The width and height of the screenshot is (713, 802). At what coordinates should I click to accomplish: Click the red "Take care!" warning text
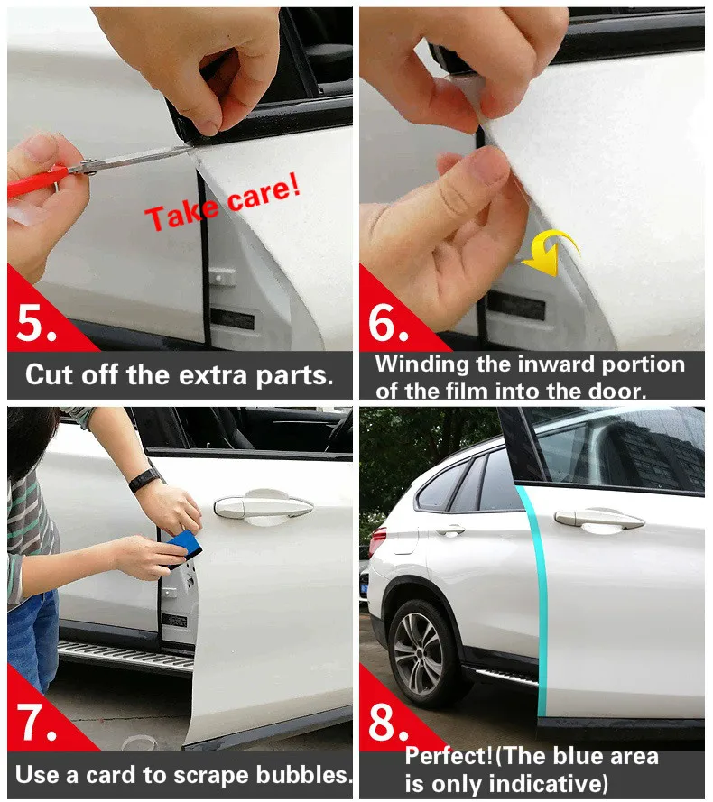[x=223, y=201]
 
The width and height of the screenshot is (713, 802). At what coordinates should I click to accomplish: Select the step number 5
[x=36, y=323]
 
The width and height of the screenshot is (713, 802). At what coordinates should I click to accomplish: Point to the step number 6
[x=388, y=323]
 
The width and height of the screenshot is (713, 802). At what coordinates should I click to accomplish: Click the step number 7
[x=36, y=722]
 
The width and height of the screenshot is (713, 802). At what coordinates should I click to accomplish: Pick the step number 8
[x=388, y=723]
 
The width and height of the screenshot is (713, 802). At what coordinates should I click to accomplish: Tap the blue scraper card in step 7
[x=182, y=548]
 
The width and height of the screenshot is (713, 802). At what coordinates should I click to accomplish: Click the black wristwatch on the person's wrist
[x=144, y=480]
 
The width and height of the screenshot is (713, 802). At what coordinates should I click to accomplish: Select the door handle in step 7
[x=264, y=506]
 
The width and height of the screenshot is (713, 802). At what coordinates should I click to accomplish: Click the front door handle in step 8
[x=599, y=520]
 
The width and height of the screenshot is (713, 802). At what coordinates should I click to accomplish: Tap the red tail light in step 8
[x=378, y=541]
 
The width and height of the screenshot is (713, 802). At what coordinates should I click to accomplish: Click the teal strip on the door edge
[x=535, y=598]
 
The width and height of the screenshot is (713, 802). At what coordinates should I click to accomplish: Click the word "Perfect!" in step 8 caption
[x=449, y=756]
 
